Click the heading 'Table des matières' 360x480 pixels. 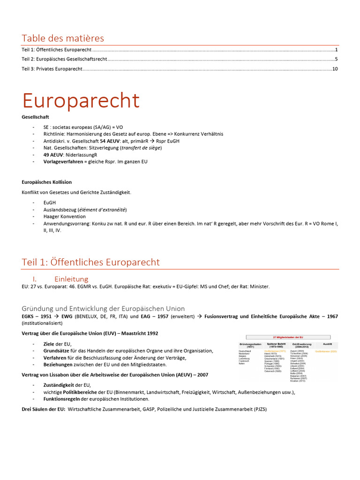(x=63, y=38)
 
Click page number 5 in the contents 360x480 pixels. (x=336, y=59)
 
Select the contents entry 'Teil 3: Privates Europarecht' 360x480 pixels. (x=52, y=69)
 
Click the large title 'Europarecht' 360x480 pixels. (x=81, y=101)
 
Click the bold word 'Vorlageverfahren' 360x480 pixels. (x=63, y=161)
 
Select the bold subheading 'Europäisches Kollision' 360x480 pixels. (x=47, y=182)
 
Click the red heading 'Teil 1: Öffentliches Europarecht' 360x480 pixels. (x=90, y=262)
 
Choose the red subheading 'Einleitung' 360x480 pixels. (x=71, y=279)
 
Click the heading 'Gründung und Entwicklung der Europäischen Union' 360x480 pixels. (x=103, y=308)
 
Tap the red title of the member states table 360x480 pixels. (x=288, y=337)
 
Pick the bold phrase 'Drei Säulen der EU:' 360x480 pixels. (x=44, y=409)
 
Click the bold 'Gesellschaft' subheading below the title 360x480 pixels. (x=35, y=117)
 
